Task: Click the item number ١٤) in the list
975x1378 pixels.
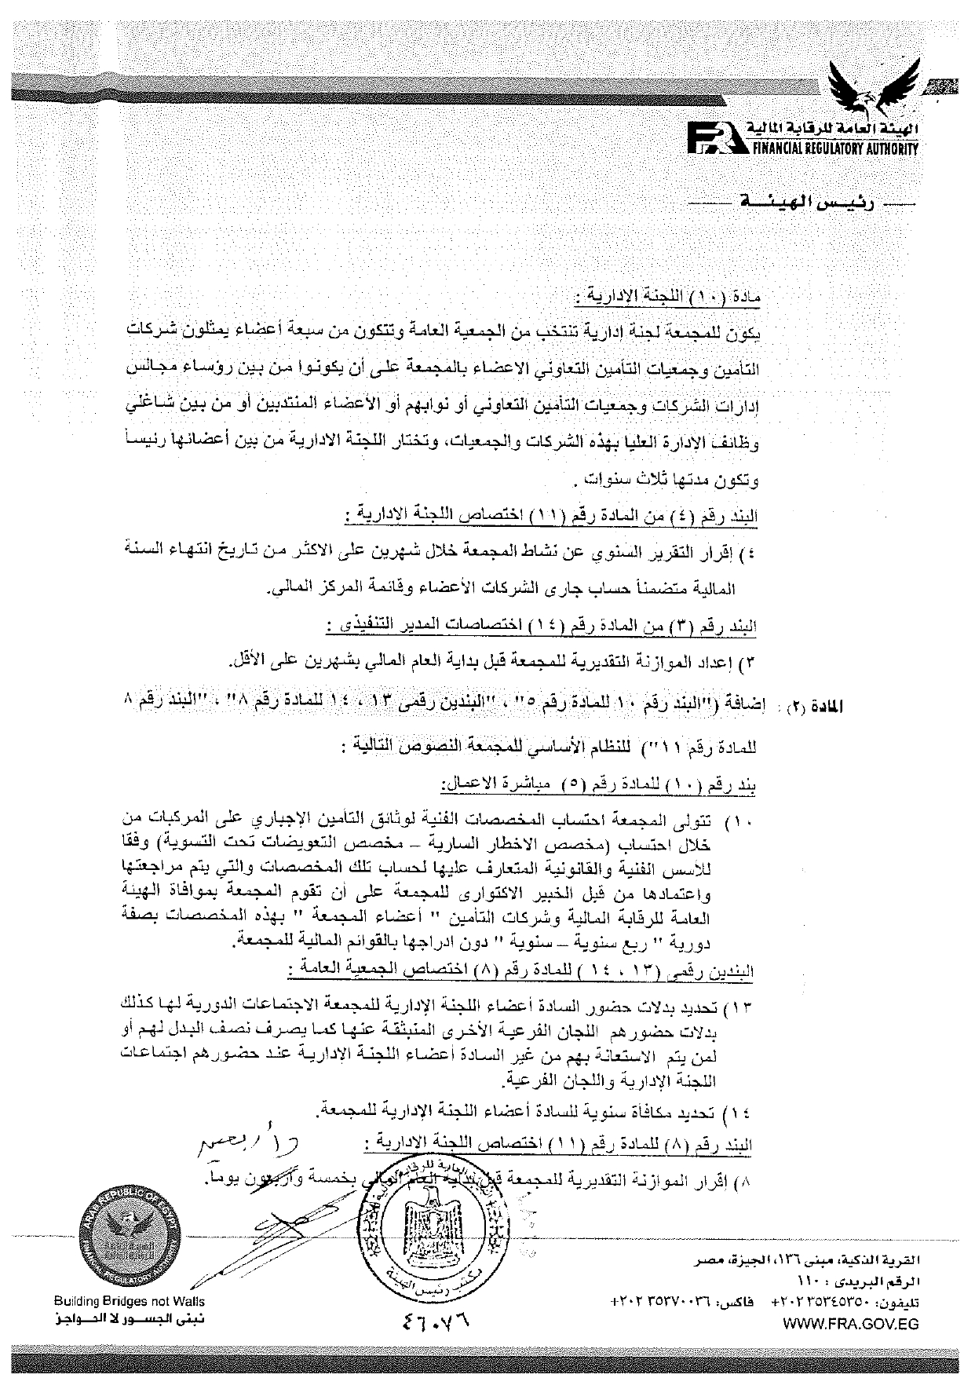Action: pos(740,1115)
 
